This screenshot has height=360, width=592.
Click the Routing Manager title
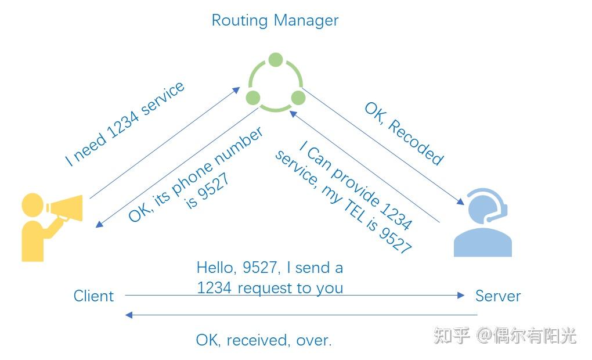(275, 20)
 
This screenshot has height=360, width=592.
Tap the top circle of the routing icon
(276, 60)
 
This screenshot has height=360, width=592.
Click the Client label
(93, 296)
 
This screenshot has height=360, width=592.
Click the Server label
(498, 296)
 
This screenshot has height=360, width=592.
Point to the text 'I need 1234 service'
(125, 124)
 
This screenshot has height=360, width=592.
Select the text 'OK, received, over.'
(263, 340)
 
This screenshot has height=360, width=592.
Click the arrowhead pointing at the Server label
(461, 296)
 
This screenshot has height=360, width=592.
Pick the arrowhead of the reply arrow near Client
(129, 315)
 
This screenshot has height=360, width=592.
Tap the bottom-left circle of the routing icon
(253, 97)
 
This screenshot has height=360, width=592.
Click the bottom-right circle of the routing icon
(298, 97)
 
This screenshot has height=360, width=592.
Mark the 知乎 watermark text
(452, 336)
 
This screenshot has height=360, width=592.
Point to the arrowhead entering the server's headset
(461, 203)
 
